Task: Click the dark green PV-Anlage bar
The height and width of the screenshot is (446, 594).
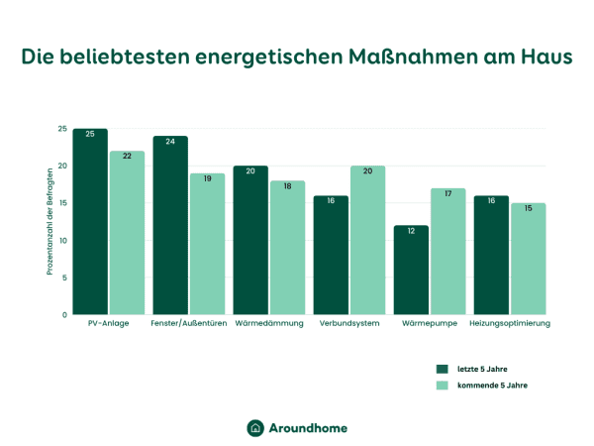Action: coord(90,222)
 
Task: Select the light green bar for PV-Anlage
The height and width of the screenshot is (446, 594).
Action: coord(127,233)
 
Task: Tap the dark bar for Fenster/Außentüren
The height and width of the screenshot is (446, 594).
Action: coord(170,226)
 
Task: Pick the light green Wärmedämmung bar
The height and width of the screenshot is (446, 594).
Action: coord(287,248)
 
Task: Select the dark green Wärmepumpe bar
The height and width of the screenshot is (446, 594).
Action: coord(411,270)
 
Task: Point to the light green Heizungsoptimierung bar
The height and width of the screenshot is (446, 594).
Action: coord(528,259)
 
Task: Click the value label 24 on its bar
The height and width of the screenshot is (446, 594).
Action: coord(170,142)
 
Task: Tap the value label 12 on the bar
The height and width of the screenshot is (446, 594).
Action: coord(411,231)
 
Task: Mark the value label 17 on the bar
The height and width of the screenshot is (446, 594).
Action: coord(447,194)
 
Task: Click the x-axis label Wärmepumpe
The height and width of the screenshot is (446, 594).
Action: coord(429,324)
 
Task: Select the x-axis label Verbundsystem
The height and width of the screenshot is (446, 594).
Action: coord(348,324)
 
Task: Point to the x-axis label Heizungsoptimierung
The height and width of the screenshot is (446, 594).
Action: coord(509,324)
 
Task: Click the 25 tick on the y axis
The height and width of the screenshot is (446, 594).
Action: coord(62,130)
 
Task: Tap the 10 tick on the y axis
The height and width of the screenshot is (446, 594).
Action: coord(62,241)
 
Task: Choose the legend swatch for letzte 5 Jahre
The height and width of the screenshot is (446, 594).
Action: coord(442,369)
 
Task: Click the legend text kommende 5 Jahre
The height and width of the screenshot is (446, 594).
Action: coord(492,386)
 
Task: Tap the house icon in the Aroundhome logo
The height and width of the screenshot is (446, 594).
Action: coord(255,427)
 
